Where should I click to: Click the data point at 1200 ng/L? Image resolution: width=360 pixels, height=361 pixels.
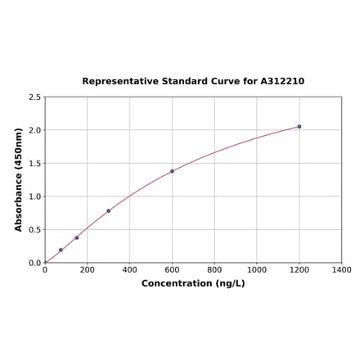pyautogui.click(x=299, y=127)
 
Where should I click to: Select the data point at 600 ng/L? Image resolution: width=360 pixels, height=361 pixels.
pyautogui.click(x=172, y=171)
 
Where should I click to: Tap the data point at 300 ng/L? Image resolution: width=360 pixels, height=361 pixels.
pyautogui.click(x=108, y=211)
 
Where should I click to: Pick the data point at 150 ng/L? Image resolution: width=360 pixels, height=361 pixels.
pyautogui.click(x=77, y=238)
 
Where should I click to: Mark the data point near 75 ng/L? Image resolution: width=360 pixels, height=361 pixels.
pyautogui.click(x=61, y=250)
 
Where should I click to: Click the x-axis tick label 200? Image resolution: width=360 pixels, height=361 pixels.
pyautogui.click(x=88, y=270)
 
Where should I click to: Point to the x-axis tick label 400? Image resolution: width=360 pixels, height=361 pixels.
pyautogui.click(x=129, y=270)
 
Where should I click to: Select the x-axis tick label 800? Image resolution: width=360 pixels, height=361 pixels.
pyautogui.click(x=214, y=270)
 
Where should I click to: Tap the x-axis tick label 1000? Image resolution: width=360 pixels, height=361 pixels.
pyautogui.click(x=257, y=270)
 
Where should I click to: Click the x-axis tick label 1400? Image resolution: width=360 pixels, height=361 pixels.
pyautogui.click(x=341, y=270)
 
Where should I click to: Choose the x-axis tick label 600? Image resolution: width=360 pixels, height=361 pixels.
pyautogui.click(x=172, y=270)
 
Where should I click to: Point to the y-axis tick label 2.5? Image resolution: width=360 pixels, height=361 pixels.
pyautogui.click(x=34, y=97)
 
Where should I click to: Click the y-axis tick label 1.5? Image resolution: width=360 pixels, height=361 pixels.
pyautogui.click(x=34, y=164)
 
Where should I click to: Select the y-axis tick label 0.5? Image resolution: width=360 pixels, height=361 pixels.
pyautogui.click(x=34, y=230)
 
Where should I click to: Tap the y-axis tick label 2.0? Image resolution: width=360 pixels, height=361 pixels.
pyautogui.click(x=34, y=130)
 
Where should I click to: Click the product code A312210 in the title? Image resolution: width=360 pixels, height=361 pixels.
pyautogui.click(x=282, y=82)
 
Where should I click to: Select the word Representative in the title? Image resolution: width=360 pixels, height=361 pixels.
pyautogui.click(x=119, y=82)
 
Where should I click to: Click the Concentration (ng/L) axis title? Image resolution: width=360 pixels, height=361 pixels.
pyautogui.click(x=193, y=284)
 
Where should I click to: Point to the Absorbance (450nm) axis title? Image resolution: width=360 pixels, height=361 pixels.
pyautogui.click(x=19, y=179)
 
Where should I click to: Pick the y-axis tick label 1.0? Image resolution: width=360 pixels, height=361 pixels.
pyautogui.click(x=34, y=196)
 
